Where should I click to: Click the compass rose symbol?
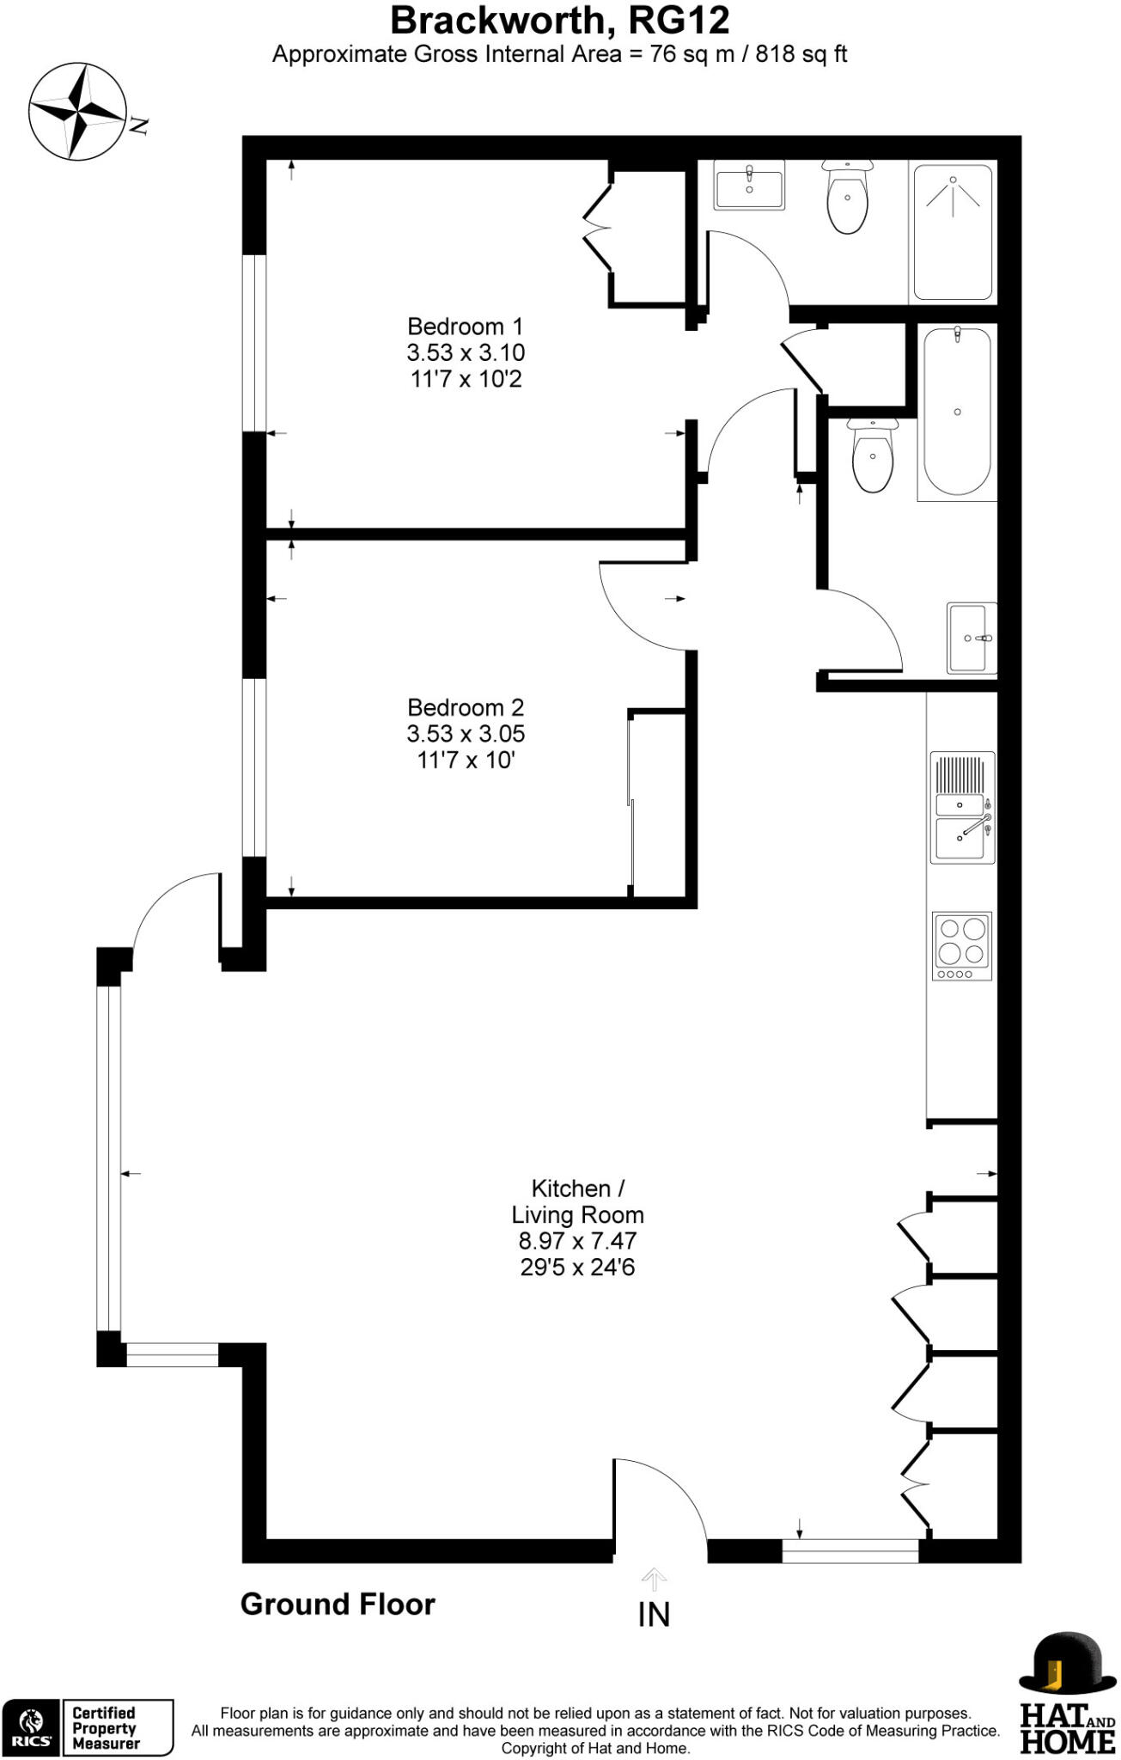point(77,112)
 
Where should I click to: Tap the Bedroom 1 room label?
point(465,327)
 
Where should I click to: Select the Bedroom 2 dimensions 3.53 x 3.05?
point(466,734)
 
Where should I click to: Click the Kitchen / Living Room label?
point(577,1201)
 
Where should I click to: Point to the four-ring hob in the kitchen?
point(962,945)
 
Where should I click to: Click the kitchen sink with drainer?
point(962,808)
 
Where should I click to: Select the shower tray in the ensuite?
point(953,232)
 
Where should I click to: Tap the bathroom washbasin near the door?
point(972,639)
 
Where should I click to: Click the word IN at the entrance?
point(654,1615)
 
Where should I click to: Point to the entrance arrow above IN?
point(654,1580)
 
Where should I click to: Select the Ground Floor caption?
point(338,1604)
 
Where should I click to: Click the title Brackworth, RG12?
point(560,20)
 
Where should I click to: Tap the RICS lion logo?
point(31,1727)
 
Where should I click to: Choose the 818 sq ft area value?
point(801,54)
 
